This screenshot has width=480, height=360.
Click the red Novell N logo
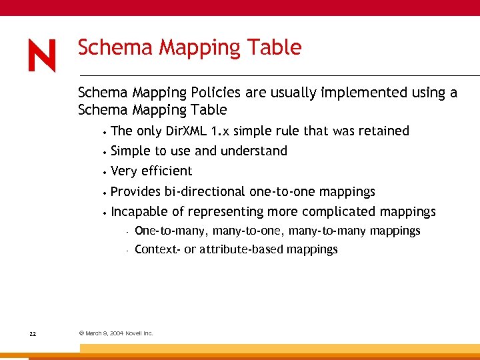pyautogui.click(x=42, y=56)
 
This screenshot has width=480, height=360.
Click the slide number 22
pyautogui.click(x=33, y=333)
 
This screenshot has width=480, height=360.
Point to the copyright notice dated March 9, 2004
pyautogui.click(x=116, y=333)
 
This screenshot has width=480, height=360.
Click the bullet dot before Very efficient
pyautogui.click(x=105, y=172)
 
